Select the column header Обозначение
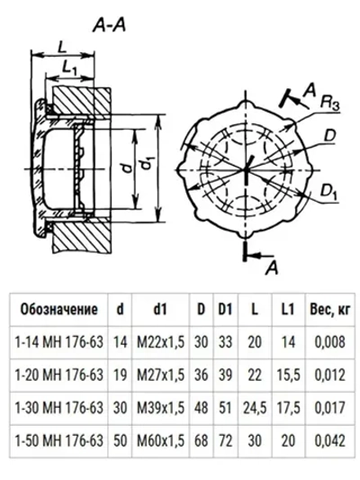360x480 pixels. pos(58,310)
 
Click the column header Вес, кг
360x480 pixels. pos(327,310)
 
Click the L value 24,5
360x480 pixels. pos(256,407)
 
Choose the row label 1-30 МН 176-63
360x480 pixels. pos(58,407)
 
